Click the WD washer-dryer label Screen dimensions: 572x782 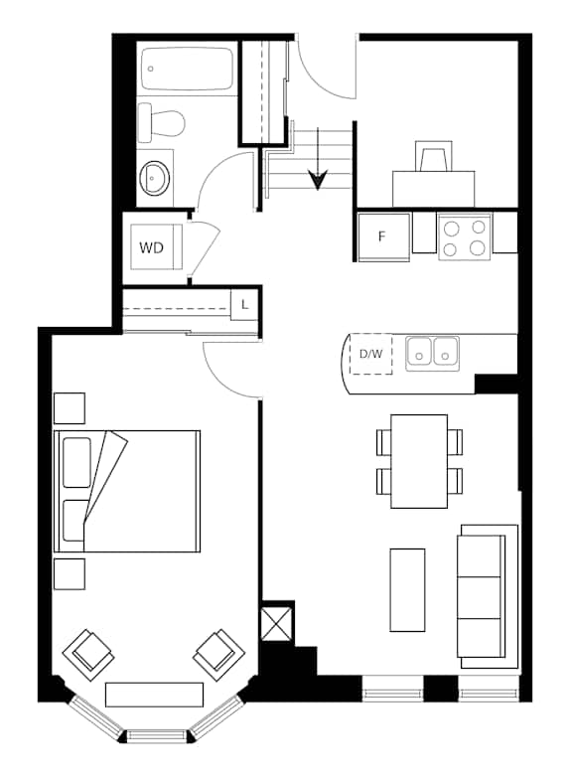pos(152,247)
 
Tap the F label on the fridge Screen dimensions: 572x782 pos(381,236)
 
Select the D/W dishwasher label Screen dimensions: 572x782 pos(371,354)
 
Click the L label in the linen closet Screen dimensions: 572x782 pos(244,304)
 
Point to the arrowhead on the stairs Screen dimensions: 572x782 pos(318,180)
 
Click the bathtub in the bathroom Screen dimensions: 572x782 pos(187,69)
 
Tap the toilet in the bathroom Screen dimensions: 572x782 pos(161,122)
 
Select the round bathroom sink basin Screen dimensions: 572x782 pos(155,178)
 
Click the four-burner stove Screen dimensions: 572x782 pos(465,236)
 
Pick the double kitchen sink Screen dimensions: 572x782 pos(432,353)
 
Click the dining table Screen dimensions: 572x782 pos(419,461)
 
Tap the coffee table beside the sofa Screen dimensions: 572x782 pos(407,590)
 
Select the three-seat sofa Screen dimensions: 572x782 pos(488,596)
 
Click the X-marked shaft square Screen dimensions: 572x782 pos(276,623)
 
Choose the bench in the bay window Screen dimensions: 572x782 pos(155,695)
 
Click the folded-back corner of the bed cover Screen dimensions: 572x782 pos(106,477)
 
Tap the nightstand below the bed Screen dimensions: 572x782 pos(70,573)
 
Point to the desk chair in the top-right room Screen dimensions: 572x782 pos(434,156)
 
